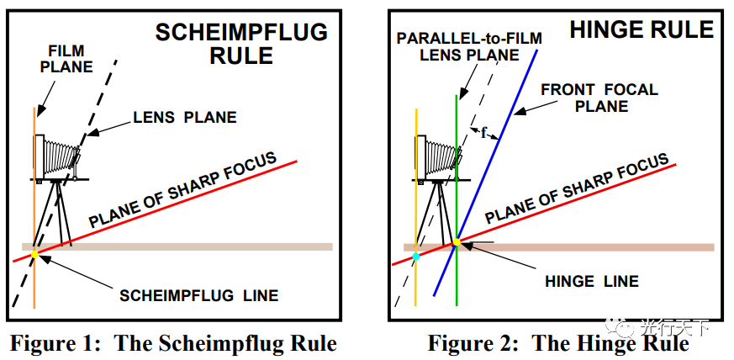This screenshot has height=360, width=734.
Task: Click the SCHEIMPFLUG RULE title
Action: [242, 44]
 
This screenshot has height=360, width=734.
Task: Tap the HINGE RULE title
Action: [642, 30]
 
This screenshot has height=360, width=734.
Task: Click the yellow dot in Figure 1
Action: [34, 253]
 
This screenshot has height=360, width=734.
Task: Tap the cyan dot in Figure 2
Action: [415, 255]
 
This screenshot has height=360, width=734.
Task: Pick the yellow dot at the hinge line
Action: [456, 242]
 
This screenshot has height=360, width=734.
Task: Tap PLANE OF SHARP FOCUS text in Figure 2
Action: [577, 192]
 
